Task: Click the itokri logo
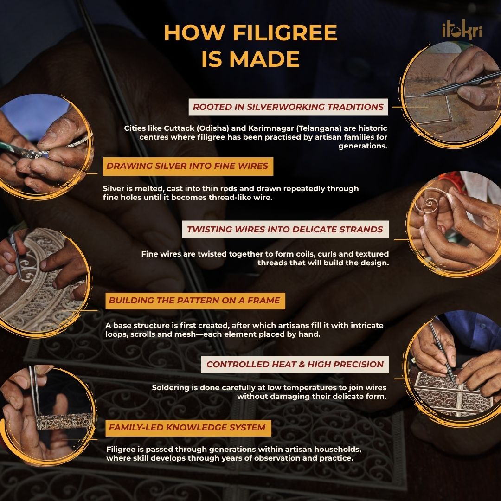[x=462, y=31]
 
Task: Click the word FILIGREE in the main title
[x=285, y=32]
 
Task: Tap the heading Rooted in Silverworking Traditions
[x=288, y=107]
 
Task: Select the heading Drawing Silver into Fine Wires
[x=188, y=166]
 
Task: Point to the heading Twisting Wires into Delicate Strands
[x=285, y=229]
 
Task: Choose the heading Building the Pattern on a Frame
[x=195, y=301]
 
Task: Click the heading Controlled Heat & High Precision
[x=295, y=365]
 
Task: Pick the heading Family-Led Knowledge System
[x=188, y=428]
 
